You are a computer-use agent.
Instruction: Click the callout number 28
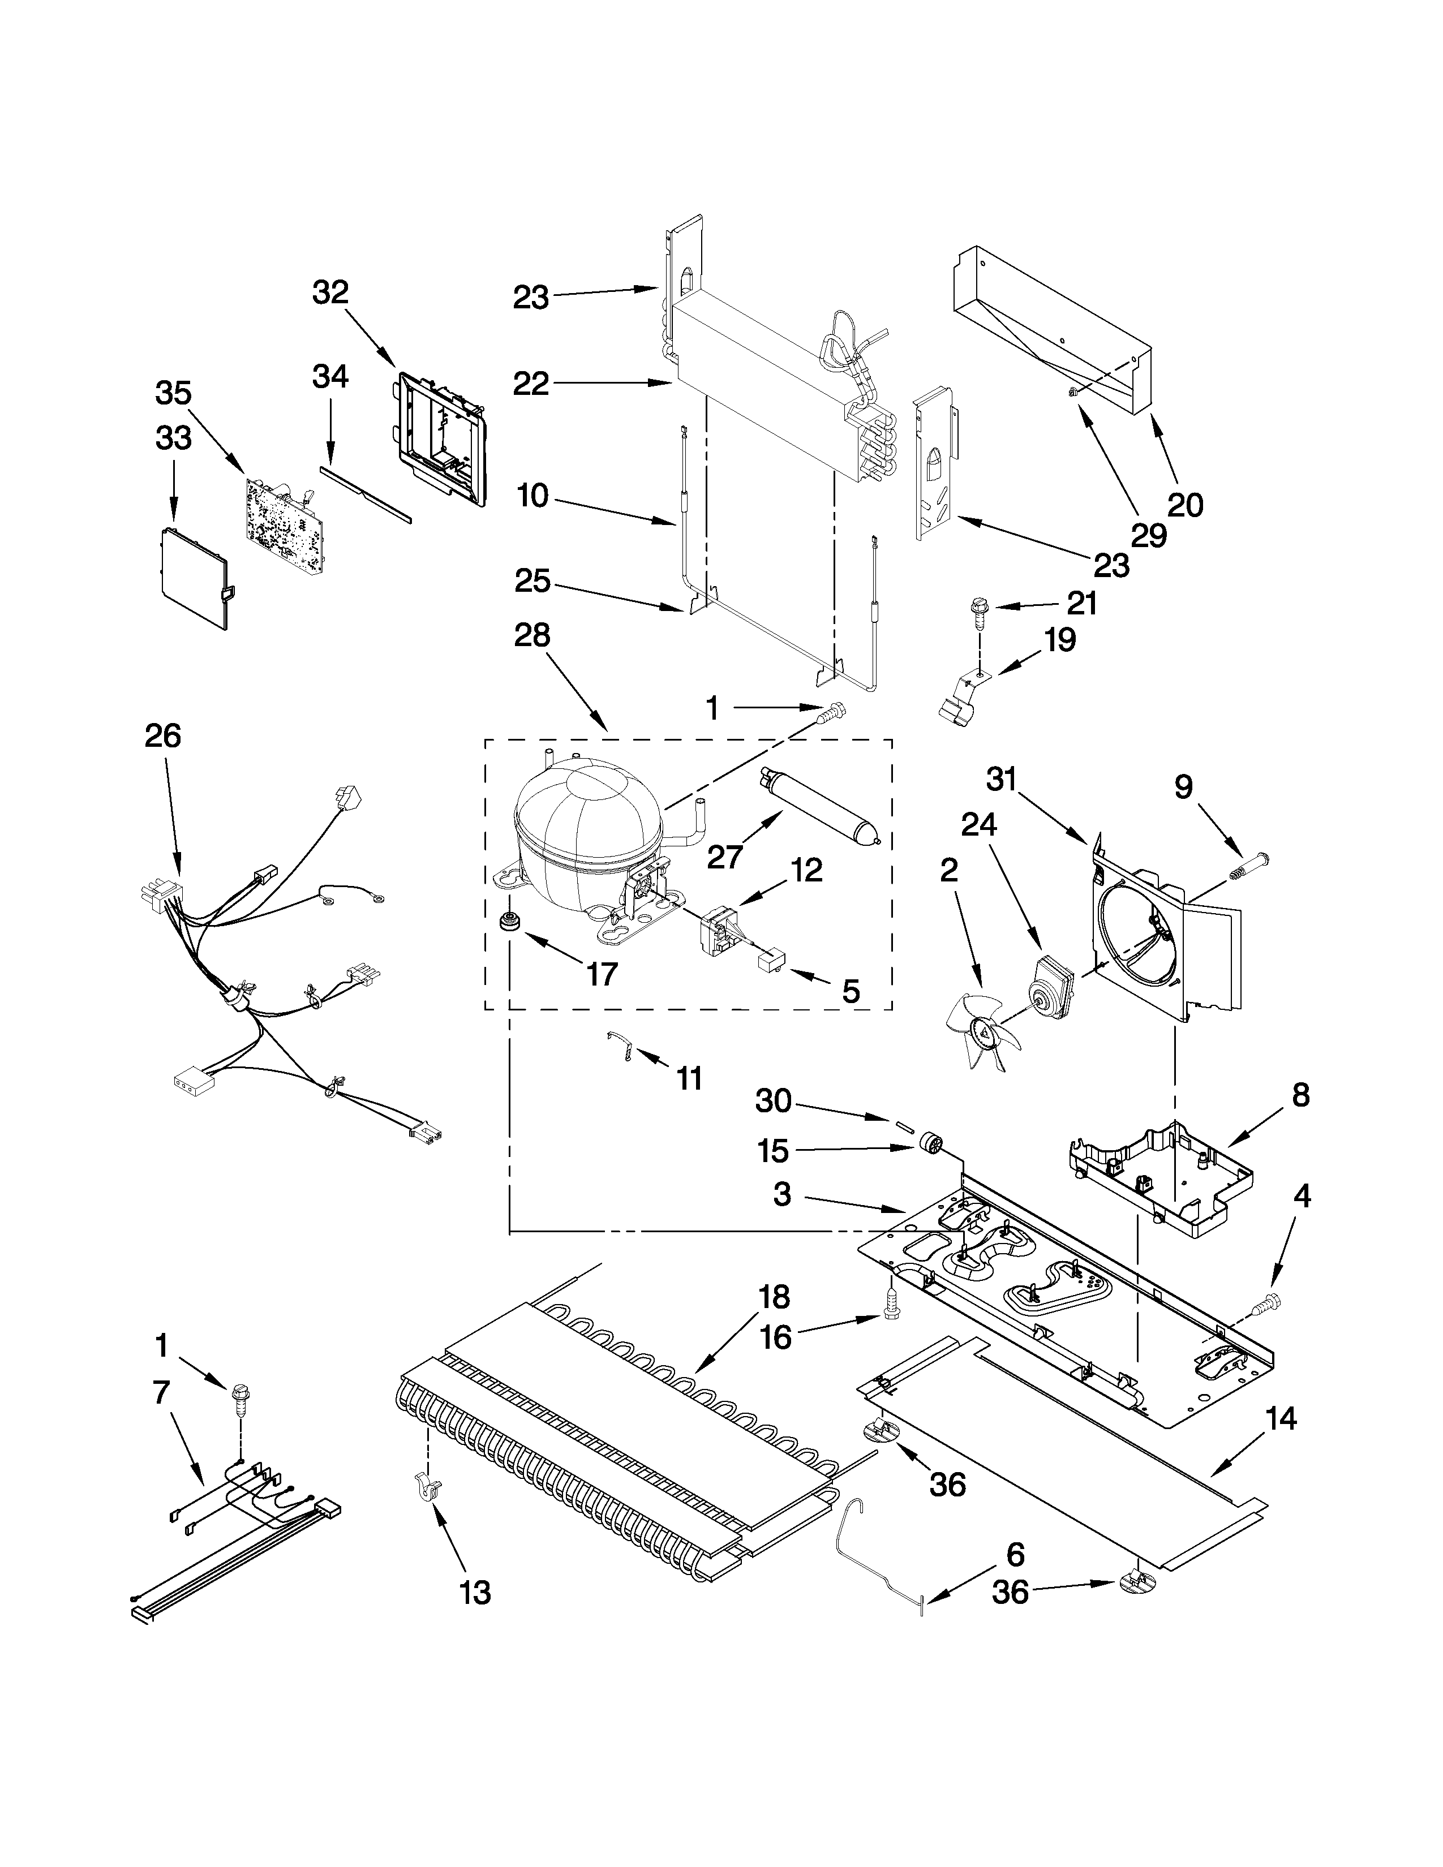[x=532, y=636]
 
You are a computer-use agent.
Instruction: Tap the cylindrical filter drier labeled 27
[x=819, y=805]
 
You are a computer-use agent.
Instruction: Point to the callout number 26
[x=162, y=736]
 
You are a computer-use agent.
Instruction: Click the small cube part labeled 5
[x=772, y=961]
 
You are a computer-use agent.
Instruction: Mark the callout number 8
[x=1300, y=1095]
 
